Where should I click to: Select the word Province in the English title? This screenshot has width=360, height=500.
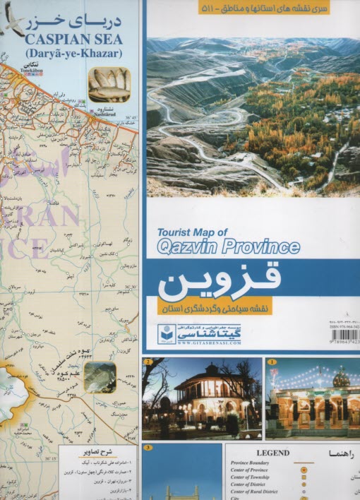(x=260, y=246)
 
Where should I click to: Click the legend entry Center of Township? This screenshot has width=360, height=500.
(x=256, y=477)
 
